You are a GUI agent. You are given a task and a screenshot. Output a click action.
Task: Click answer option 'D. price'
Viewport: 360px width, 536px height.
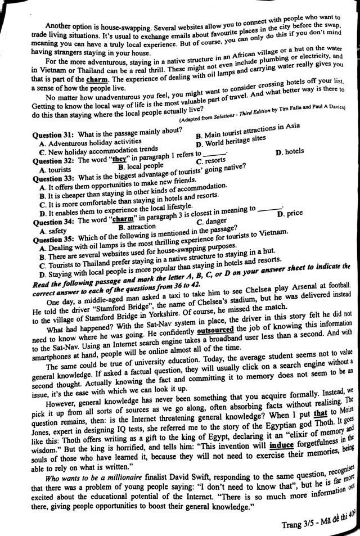click(290, 213)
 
